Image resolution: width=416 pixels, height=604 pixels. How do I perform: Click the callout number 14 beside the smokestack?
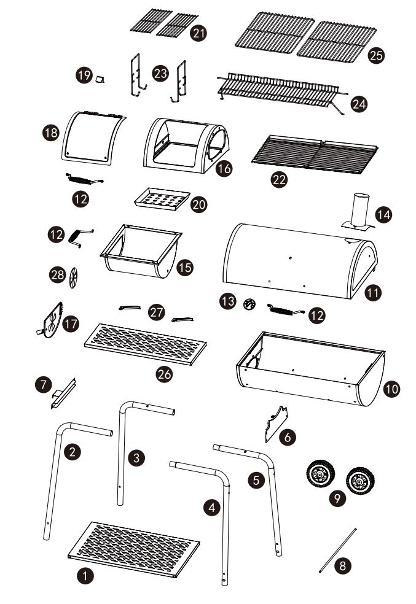(x=385, y=214)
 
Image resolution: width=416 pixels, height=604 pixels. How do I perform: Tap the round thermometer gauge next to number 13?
(x=250, y=303)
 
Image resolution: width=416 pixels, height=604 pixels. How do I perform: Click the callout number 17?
(x=72, y=323)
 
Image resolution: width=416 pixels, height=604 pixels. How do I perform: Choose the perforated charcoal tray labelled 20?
(x=160, y=199)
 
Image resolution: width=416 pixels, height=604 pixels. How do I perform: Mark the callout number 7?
(x=42, y=385)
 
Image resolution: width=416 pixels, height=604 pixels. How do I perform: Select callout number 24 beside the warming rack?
(x=358, y=104)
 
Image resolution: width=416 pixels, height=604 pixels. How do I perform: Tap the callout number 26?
(x=163, y=373)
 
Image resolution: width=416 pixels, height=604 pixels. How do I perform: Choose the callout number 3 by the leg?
(x=138, y=457)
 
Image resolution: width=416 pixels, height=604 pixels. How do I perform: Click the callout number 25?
(x=376, y=55)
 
